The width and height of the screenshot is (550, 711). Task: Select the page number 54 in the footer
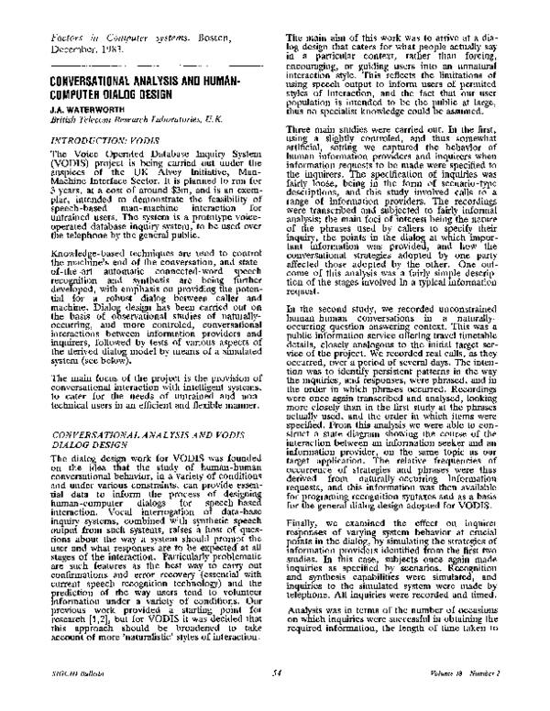point(275,699)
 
